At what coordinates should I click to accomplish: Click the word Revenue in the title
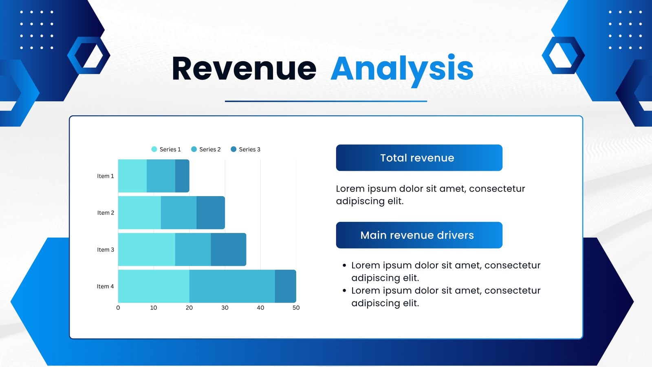pos(244,68)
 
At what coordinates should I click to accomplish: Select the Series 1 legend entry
pos(166,149)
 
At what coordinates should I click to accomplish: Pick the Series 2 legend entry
pos(206,149)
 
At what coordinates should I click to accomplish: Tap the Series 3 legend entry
pos(245,149)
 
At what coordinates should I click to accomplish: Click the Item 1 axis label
pos(106,176)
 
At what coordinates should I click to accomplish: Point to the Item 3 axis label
pos(106,250)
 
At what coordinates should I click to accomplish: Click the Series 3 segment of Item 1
pos(182,176)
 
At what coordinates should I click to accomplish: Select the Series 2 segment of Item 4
pos(232,286)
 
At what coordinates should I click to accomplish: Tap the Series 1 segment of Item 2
pos(139,212)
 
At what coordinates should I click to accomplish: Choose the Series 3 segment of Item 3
pos(229,249)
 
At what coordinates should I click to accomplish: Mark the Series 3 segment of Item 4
pos(286,286)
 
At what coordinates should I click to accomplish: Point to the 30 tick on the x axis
pos(225,307)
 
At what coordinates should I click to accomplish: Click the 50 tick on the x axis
pos(296,307)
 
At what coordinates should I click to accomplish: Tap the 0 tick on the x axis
pos(118,307)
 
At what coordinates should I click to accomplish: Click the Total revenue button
pos(419,157)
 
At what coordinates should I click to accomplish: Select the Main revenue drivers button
pos(419,235)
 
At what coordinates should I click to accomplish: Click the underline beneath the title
pos(326,102)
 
